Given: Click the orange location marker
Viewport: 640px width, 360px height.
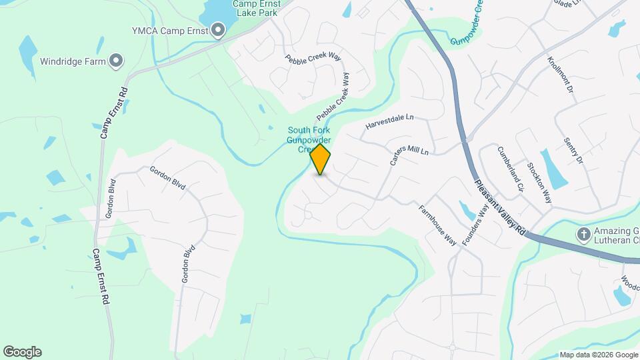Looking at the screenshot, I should click(321, 159).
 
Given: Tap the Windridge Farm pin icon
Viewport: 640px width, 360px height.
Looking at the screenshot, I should click(116, 61).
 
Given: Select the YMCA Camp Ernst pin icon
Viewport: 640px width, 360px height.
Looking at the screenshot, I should click(217, 29).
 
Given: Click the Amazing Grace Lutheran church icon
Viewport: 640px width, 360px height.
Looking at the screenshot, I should click(583, 234).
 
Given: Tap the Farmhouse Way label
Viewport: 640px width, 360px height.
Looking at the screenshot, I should click(437, 225).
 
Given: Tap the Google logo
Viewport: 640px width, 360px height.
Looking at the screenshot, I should click(22, 352).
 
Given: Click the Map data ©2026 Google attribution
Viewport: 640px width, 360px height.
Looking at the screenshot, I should click(598, 355).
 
